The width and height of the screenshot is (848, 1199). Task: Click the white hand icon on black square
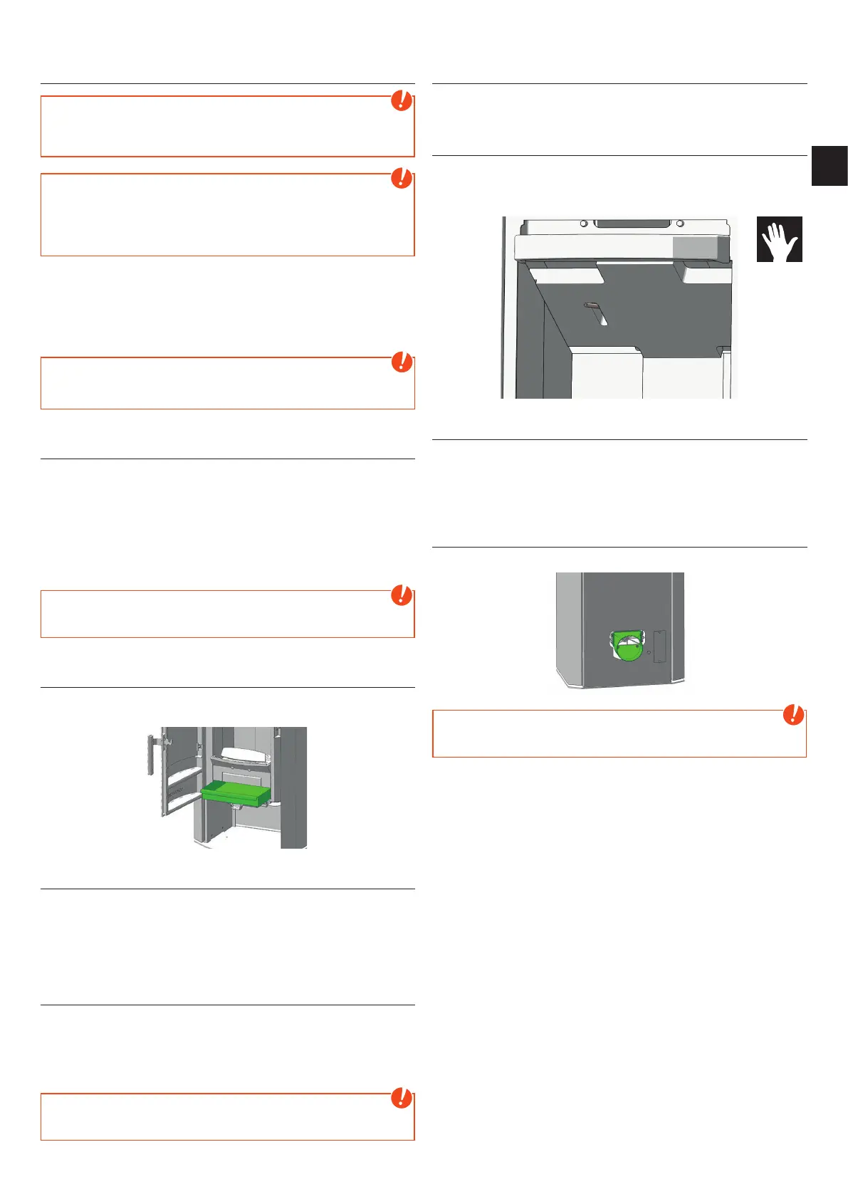click(779, 239)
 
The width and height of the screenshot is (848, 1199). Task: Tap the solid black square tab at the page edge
click(829, 166)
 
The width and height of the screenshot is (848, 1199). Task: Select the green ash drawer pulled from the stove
click(236, 793)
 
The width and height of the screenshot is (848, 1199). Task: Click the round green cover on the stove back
click(626, 646)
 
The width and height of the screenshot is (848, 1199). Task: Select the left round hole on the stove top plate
click(584, 224)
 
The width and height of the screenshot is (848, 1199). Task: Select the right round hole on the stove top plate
click(680, 224)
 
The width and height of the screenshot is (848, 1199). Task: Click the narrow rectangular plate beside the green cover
click(659, 646)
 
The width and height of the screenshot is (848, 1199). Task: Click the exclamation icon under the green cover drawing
click(793, 715)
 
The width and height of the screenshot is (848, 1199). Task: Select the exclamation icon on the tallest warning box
click(402, 178)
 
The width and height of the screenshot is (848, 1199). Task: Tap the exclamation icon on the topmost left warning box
click(402, 100)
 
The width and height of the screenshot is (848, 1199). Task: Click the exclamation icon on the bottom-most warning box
click(402, 1098)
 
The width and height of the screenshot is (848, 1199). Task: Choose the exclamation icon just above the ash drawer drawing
click(402, 595)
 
